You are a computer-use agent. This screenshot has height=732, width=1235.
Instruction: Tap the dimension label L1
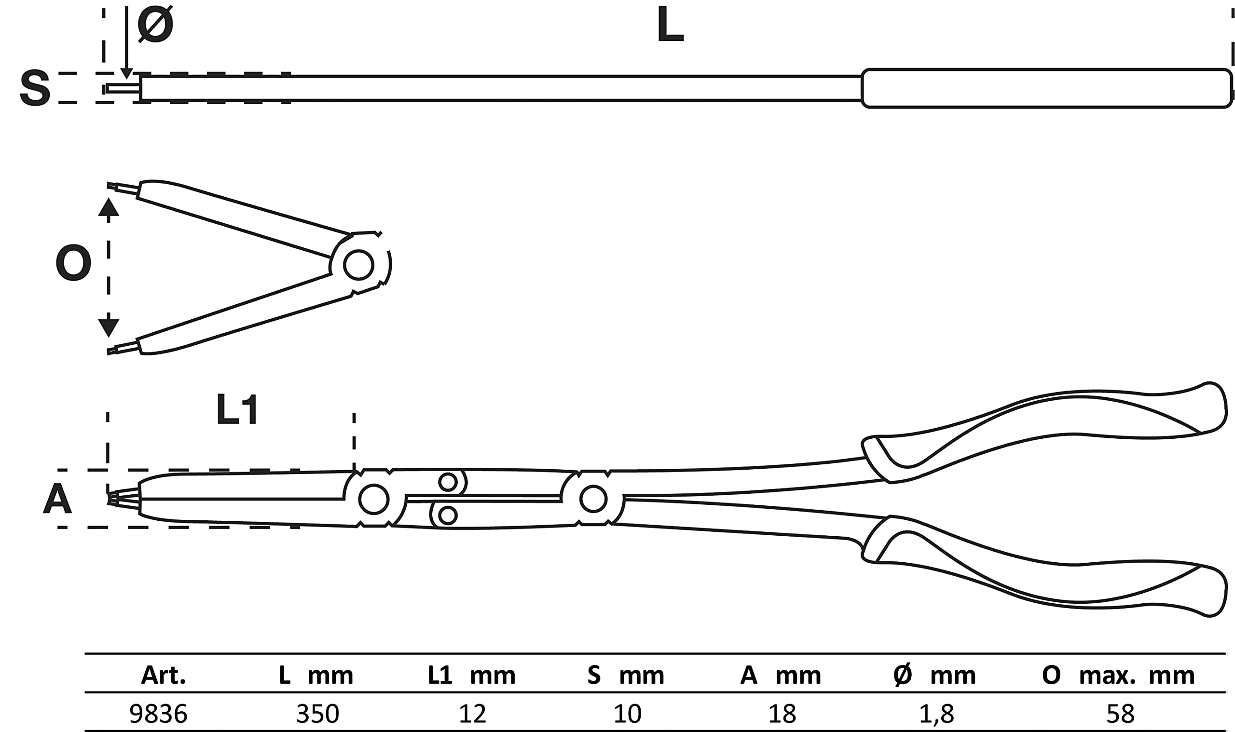(237, 410)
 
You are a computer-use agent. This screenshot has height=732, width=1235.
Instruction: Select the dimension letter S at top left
(35, 88)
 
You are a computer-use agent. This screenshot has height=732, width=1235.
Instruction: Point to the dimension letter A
(57, 499)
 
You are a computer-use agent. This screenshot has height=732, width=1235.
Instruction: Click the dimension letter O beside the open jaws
(73, 263)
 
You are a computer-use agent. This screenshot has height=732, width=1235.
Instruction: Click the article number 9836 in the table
(158, 714)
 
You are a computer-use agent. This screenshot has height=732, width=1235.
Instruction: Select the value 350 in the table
(317, 714)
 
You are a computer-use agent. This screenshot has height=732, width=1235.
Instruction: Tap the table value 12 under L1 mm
(472, 714)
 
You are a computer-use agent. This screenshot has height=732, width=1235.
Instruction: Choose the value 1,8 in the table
(936, 714)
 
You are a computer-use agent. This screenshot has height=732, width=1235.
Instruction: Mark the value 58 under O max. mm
(1121, 714)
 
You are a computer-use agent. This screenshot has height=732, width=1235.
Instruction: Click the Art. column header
(164, 675)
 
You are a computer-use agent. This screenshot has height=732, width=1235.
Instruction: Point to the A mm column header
(781, 675)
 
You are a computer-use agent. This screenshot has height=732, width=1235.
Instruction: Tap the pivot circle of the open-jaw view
(359, 265)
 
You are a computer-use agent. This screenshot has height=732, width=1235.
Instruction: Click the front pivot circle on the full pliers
(373, 499)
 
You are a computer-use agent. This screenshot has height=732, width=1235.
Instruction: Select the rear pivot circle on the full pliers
(593, 499)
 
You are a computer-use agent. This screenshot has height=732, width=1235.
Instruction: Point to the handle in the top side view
(1046, 88)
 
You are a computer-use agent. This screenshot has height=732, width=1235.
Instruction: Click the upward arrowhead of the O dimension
(109, 207)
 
